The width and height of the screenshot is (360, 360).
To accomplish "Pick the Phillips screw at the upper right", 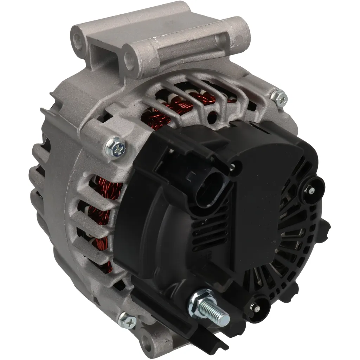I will click(x=280, y=98).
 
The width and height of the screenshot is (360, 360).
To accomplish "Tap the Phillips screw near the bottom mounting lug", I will click(x=127, y=320).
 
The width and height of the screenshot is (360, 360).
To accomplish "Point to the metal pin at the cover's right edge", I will click(x=311, y=190).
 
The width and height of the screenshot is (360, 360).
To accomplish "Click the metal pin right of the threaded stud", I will click(x=257, y=308).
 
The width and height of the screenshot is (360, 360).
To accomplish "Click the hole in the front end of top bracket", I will click(x=130, y=62).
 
